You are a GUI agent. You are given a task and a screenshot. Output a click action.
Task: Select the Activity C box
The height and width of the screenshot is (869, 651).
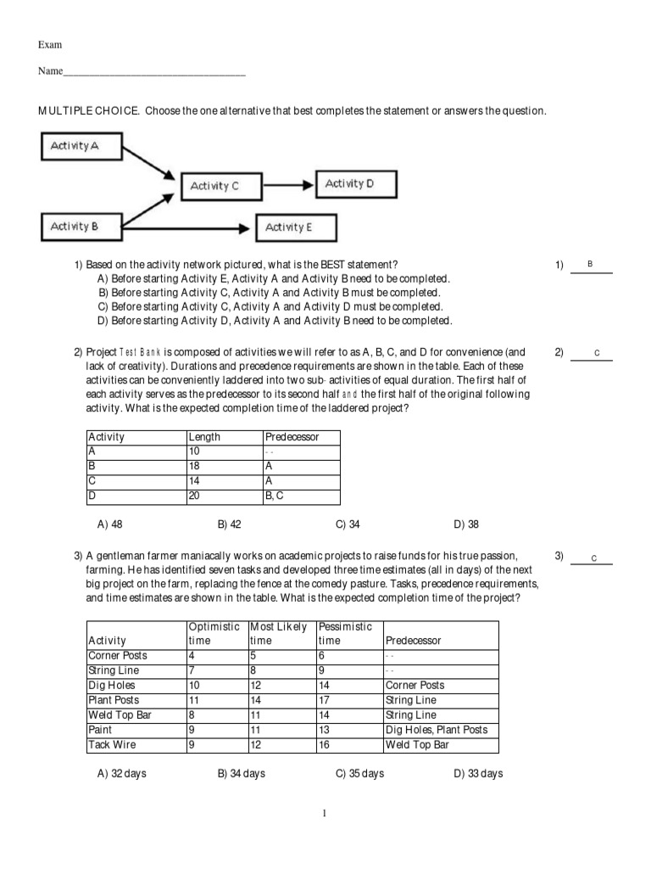click(214, 186)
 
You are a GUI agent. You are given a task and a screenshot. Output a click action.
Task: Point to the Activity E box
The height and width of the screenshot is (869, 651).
click(288, 227)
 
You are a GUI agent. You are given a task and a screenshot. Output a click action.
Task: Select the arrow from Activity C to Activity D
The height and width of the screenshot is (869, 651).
click(289, 184)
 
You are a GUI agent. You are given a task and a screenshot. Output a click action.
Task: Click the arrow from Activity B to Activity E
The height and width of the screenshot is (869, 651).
click(186, 227)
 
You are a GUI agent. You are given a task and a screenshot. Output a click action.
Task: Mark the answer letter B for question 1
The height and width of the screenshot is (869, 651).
click(590, 265)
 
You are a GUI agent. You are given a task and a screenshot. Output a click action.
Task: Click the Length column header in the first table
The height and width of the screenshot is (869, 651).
click(204, 437)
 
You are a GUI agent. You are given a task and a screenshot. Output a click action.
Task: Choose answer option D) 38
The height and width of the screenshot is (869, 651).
click(466, 524)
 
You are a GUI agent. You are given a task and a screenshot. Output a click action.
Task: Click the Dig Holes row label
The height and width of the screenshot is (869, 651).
click(112, 685)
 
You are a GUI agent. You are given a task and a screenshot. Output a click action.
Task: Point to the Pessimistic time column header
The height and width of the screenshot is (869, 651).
click(345, 633)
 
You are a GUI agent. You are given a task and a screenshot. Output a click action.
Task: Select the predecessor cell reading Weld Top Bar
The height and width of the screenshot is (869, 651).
click(418, 745)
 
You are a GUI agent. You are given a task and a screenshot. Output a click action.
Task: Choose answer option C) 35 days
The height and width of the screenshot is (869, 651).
click(359, 773)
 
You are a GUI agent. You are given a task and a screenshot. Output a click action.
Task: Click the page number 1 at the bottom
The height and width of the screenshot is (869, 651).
click(325, 813)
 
